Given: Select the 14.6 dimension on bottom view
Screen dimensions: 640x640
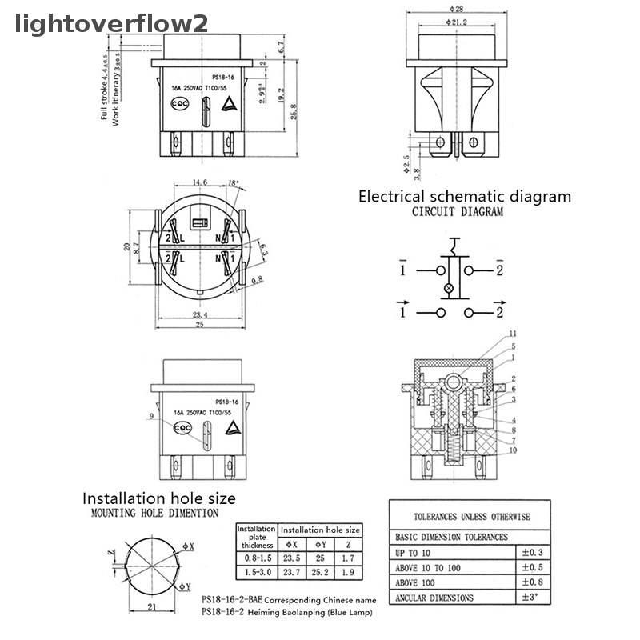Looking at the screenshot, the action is point(198,183).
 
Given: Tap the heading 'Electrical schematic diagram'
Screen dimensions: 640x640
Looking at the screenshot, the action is point(464,196).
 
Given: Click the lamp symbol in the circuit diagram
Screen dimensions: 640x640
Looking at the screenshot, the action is point(448,287).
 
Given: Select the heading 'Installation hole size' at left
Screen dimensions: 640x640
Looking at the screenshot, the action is point(159,498).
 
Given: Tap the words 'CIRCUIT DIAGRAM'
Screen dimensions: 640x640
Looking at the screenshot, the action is point(458,213).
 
